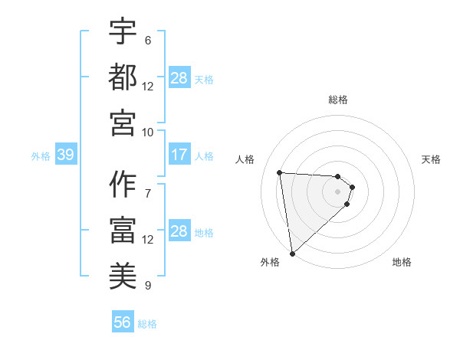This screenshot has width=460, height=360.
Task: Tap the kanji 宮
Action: pyautogui.click(x=123, y=122)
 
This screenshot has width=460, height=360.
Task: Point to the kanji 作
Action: pyautogui.click(x=123, y=183)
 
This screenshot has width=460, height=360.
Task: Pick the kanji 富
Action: pyautogui.click(x=123, y=229)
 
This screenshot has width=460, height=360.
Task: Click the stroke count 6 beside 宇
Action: pyautogui.click(x=148, y=40)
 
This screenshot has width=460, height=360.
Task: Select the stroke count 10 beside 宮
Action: pyautogui.click(x=148, y=132)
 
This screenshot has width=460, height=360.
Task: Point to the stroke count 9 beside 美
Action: pyautogui.click(x=148, y=286)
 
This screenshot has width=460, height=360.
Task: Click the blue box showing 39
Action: pyautogui.click(x=65, y=155)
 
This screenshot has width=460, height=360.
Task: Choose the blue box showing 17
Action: pyautogui.click(x=179, y=155)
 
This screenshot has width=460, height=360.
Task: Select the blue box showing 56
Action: pyautogui.click(x=122, y=323)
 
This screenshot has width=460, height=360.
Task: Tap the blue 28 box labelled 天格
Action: pyautogui.click(x=179, y=78)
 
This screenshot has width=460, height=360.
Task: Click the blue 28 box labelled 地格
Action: pyautogui.click(x=179, y=232)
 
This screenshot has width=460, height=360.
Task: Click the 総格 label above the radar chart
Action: pyautogui.click(x=338, y=100)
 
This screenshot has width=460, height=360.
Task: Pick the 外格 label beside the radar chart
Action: pyautogui.click(x=270, y=263)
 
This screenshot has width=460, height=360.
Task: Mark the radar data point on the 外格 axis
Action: pyautogui.click(x=292, y=253)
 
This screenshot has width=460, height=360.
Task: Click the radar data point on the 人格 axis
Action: pyautogui.click(x=280, y=172)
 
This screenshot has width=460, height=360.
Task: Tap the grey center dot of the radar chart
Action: pyautogui.click(x=337, y=202)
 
